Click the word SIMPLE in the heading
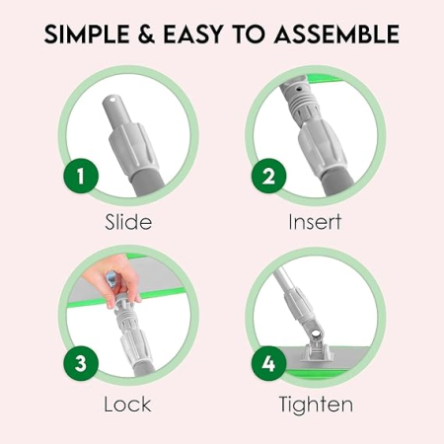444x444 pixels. tap(87, 35)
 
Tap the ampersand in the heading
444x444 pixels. tap(146, 35)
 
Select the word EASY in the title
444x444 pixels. tap(193, 35)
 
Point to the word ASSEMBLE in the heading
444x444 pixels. tap(336, 35)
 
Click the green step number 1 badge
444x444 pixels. tap(81, 176)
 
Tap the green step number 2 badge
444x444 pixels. tap(268, 176)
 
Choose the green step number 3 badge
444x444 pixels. tap(81, 364)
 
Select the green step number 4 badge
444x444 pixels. tap(268, 364)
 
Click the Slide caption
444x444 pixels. tap(128, 222)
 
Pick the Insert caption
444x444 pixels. tap(315, 222)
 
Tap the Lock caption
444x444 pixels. tap(127, 405)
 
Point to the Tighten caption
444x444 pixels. tap(316, 405)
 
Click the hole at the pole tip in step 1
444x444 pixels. tap(113, 99)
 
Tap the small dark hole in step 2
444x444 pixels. tap(299, 89)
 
